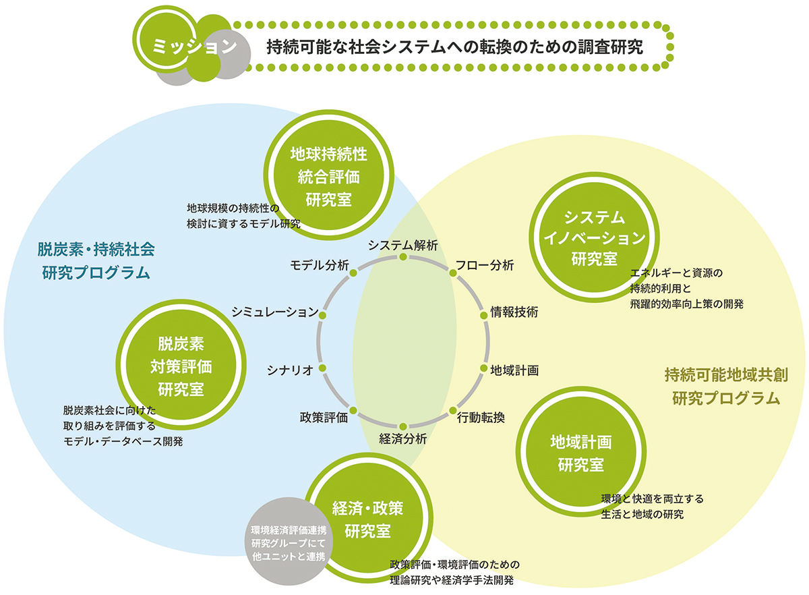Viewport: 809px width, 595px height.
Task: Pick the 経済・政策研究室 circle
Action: click(368, 518)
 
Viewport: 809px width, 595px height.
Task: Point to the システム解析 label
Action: click(403, 245)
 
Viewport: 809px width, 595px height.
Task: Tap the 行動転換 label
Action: click(481, 417)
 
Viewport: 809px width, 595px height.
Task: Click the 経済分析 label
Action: click(402, 438)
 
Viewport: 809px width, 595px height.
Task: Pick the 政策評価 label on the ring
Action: click(324, 417)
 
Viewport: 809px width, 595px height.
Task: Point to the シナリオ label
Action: click(290, 369)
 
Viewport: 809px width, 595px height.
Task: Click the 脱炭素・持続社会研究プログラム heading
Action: click(96, 260)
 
